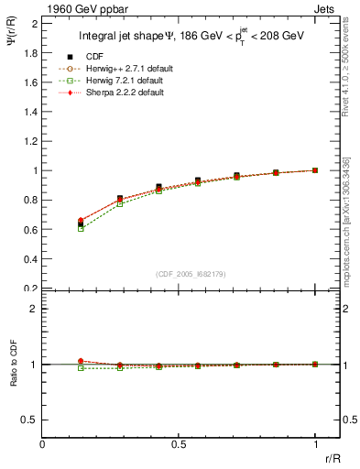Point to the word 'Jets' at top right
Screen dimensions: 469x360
(325, 7)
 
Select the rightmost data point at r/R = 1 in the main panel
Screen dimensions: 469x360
(315, 170)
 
